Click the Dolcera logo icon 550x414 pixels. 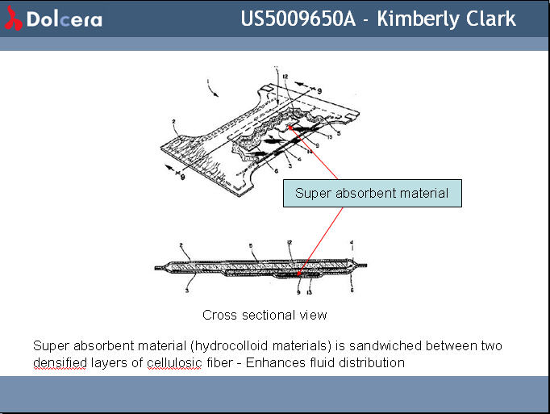coord(13,19)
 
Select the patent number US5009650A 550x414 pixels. coord(298,19)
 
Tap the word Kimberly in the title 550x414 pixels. coord(418,19)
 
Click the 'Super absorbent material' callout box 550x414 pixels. coord(372,193)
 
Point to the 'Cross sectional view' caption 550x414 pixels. coord(265,315)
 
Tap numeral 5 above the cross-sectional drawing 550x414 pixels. coord(252,245)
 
